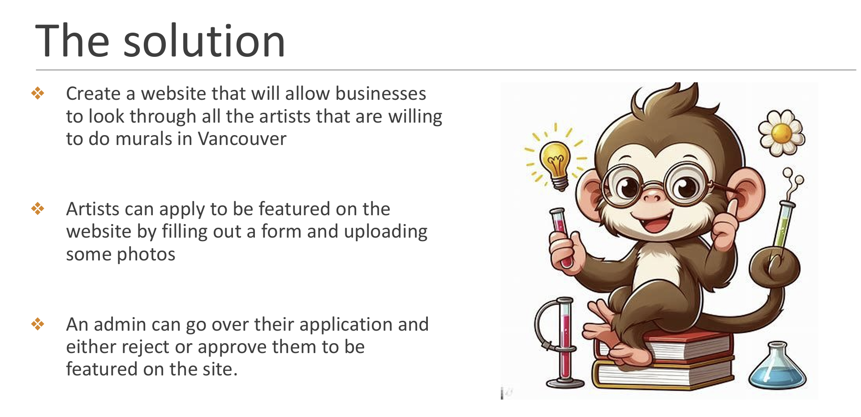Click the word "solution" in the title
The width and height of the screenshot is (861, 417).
tap(204, 41)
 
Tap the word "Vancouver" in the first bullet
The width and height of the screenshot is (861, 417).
tap(242, 139)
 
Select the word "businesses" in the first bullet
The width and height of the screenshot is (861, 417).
tap(381, 94)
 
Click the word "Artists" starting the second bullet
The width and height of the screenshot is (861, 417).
tap(93, 209)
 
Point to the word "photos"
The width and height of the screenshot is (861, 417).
tap(146, 255)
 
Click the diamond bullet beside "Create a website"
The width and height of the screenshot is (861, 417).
tap(38, 94)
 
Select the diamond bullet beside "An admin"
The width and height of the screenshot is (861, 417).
tap(38, 324)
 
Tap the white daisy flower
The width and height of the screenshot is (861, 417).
tap(781, 133)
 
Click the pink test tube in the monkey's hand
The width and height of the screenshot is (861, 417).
tap(562, 237)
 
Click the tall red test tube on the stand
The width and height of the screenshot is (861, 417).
tap(566, 340)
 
